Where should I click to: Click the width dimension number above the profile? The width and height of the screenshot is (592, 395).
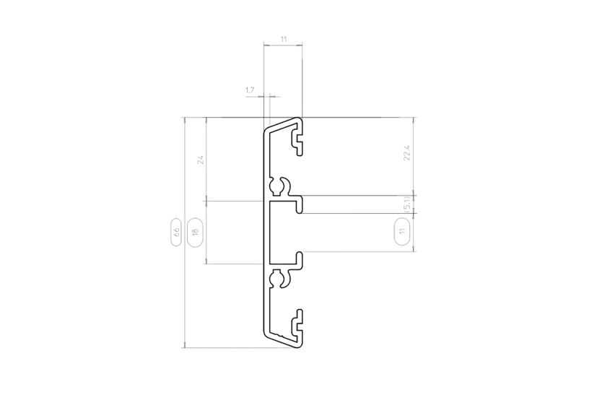click(x=282, y=38)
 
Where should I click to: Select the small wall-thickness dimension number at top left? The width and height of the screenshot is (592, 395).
click(x=250, y=90)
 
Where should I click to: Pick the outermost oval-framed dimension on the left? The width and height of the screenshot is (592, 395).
click(x=175, y=231)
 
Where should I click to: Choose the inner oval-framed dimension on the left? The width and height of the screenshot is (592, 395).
click(x=194, y=231)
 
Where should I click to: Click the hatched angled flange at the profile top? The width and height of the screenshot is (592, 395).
click(x=282, y=125)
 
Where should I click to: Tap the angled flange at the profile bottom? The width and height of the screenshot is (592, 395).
click(x=282, y=339)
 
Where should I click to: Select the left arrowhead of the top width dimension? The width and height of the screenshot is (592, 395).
click(x=265, y=44)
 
